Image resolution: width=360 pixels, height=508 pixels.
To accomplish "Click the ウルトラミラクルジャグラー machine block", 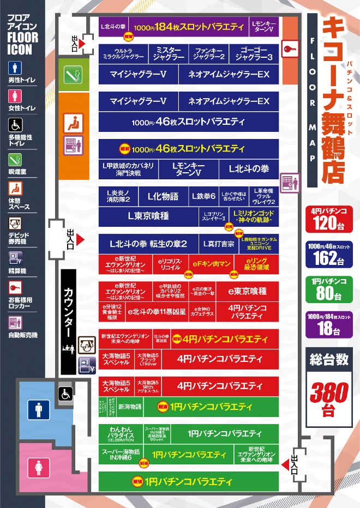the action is [x=123, y=53].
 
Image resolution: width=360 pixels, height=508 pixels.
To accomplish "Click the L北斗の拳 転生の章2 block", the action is [x=148, y=244].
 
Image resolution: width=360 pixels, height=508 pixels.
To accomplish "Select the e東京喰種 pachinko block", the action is [x=247, y=291].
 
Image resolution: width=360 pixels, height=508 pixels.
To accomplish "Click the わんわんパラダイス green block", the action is [x=120, y=434].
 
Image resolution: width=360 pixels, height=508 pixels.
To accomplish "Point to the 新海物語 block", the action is [x=129, y=407].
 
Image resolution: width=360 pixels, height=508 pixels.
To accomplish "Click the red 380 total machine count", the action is [x=329, y=391].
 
